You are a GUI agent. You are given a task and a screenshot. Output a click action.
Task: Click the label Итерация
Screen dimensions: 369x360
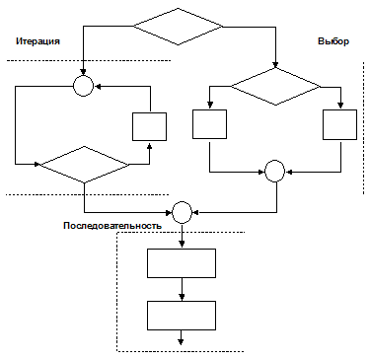[x=37, y=41]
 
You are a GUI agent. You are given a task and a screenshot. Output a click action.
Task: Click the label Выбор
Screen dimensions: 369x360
[x=333, y=41]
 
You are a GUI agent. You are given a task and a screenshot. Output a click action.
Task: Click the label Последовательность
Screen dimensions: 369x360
[x=112, y=226]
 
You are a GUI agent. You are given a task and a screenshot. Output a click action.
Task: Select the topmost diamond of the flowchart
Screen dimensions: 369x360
[x=178, y=27]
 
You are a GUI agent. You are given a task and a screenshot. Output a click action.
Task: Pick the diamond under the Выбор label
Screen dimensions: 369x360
[x=275, y=87]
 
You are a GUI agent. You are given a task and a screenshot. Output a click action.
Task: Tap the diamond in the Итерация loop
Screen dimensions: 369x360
[x=85, y=165]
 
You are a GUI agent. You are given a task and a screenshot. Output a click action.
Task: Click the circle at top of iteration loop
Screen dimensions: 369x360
[x=83, y=86]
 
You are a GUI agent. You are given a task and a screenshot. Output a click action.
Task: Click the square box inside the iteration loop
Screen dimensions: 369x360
[x=149, y=126]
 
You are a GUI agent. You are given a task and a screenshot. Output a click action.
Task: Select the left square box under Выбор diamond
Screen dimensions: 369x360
[x=209, y=124]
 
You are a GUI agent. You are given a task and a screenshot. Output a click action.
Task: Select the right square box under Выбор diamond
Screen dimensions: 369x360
[x=339, y=124]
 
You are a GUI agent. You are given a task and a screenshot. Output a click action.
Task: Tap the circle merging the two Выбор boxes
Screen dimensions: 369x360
[x=275, y=171]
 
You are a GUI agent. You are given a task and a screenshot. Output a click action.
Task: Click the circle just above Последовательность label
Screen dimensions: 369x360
[x=182, y=212]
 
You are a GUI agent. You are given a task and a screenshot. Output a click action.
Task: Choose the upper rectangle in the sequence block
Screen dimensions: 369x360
[x=182, y=263]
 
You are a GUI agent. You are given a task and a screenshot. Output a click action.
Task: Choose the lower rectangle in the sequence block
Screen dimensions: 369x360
[x=182, y=316]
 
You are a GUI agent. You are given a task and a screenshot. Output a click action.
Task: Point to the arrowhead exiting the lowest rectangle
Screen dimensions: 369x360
[x=181, y=342]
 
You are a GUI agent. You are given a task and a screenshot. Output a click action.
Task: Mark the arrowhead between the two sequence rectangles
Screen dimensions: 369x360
[x=182, y=297]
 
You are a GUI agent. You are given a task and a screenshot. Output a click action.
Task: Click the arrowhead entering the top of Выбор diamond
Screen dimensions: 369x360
[x=275, y=65]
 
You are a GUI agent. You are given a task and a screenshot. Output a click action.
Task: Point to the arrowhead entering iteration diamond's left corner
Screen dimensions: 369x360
[x=37, y=164]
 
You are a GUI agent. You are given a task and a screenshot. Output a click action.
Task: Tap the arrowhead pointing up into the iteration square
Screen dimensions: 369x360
[x=150, y=145]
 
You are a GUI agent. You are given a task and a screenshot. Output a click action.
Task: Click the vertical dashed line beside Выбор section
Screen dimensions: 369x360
[x=363, y=128]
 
